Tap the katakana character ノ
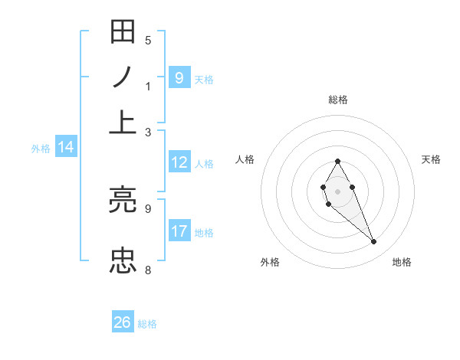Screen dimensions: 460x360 coord(123,77)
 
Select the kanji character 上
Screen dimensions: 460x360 coord(123,121)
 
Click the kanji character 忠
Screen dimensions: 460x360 coord(123,260)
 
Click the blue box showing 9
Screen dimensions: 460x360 coord(179,77)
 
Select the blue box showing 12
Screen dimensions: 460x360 coord(179,162)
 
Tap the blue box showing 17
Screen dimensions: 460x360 coord(179,231)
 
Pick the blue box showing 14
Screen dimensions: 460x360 coord(66,148)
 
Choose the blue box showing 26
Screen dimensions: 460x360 coord(123,322)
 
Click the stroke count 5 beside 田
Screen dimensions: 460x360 coord(148,40)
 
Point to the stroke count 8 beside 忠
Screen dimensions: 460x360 coord(148,270)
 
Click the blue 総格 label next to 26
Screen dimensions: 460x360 coord(147,324)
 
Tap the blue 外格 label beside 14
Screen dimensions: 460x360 coord(40,149)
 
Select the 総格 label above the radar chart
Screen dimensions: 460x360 coord(338,100)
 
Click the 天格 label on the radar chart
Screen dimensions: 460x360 coord(432,159)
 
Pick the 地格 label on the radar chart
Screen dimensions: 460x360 coord(402,262)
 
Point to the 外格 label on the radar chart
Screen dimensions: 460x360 coord(270,262)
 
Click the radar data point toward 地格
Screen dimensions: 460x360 coord(374,242)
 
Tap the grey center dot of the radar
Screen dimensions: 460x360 coord(337,191)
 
